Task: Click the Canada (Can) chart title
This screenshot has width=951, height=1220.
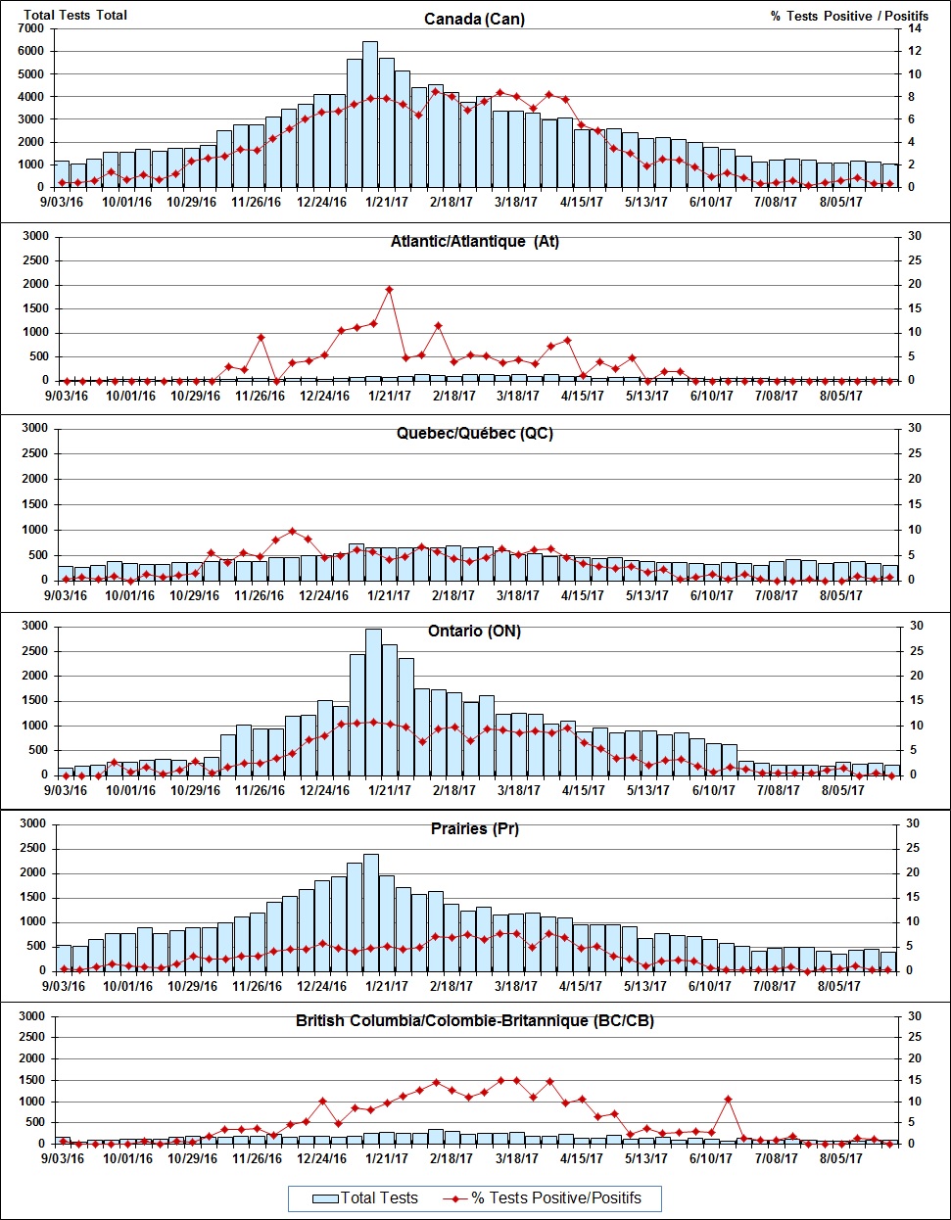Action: pos(474,19)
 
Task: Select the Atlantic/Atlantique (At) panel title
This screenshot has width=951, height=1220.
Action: pos(474,241)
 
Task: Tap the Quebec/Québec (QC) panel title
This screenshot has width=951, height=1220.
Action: pos(474,433)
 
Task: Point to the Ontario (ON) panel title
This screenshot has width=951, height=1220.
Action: pos(474,631)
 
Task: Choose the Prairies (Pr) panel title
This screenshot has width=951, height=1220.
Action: pos(474,828)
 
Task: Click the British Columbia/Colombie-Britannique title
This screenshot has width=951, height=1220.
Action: pos(474,1020)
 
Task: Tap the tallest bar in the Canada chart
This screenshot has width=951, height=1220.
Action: pos(370,114)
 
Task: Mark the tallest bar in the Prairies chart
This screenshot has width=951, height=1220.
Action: pos(370,912)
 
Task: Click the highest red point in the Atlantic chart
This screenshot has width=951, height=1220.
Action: pos(389,289)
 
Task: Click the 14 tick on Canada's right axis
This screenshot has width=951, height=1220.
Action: pos(914,28)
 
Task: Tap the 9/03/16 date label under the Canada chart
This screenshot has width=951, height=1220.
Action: pos(64,203)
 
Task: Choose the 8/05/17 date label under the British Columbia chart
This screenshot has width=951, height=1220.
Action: pos(839,1158)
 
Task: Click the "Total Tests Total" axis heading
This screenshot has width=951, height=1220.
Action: pos(75,15)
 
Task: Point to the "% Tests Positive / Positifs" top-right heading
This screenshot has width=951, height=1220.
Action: pos(849,16)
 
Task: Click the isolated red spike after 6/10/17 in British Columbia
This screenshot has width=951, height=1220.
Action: pos(728,1099)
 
